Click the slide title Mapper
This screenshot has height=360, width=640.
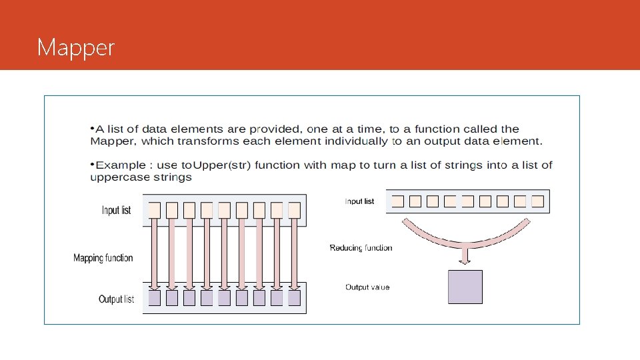(76, 48)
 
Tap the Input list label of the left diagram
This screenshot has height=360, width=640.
(116, 211)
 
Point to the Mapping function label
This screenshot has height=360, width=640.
(103, 258)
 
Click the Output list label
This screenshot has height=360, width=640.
(116, 299)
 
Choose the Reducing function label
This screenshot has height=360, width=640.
(361, 248)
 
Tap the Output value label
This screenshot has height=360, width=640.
(367, 287)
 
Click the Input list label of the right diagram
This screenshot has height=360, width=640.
(359, 201)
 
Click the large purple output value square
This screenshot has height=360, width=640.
(465, 287)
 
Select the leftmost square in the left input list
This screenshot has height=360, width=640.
(154, 210)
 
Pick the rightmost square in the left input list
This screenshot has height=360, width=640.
(295, 210)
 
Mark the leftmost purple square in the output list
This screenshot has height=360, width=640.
(154, 298)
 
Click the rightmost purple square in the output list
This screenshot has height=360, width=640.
(295, 298)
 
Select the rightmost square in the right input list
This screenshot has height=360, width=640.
(537, 201)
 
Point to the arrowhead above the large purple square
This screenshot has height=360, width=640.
(465, 259)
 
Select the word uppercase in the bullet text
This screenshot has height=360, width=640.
(116, 177)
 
